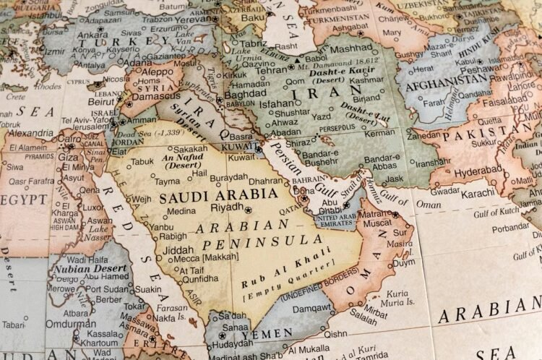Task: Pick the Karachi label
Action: [x=477, y=193]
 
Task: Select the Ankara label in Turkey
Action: [x=93, y=35]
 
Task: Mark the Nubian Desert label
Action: [x=80, y=269]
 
